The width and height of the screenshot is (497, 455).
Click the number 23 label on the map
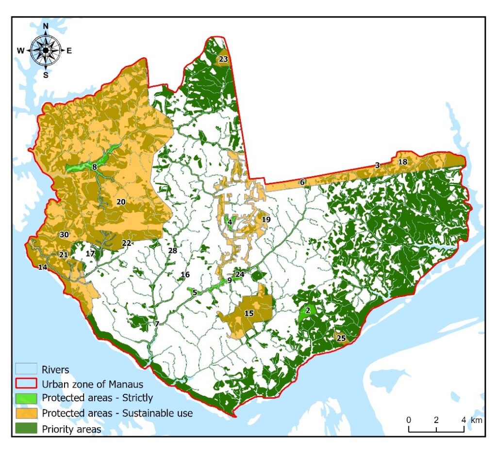(x=223, y=59)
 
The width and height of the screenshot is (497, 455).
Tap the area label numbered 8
(x=94, y=167)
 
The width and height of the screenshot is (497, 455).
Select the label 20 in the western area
(x=121, y=202)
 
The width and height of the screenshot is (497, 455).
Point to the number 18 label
(x=402, y=162)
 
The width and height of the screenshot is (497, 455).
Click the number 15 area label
(x=249, y=313)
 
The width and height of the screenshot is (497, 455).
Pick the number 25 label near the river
(x=341, y=338)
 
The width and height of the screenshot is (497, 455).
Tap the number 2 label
(x=308, y=310)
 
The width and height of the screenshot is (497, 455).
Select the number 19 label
(x=266, y=220)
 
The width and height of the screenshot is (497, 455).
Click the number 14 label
(x=43, y=267)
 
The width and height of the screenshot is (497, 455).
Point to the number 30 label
(x=64, y=235)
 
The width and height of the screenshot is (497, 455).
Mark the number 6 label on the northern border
(x=302, y=182)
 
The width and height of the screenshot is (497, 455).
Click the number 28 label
(x=172, y=251)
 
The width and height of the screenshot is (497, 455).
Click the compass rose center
(x=46, y=49)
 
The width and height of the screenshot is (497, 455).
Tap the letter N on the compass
(x=46, y=26)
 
